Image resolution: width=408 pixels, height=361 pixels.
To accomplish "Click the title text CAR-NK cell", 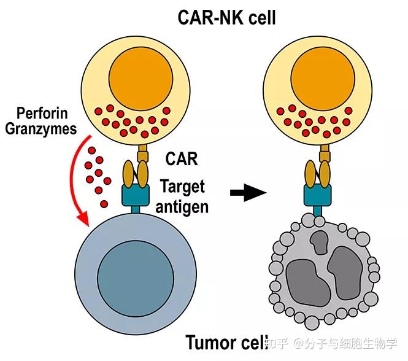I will [226, 17].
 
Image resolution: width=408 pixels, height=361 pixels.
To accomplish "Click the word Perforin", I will [42, 114].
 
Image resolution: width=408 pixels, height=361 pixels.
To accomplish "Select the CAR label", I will [182, 159].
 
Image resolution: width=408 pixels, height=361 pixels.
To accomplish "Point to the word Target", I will [182, 186].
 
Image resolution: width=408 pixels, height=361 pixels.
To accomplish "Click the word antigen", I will [182, 206].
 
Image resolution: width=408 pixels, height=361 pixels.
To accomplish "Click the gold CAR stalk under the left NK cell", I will [142, 152].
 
